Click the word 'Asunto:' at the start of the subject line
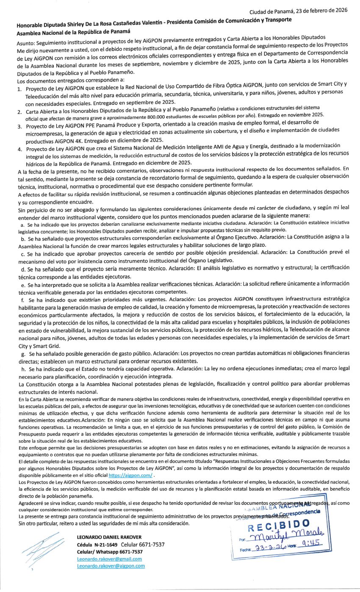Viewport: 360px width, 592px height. point(28,43)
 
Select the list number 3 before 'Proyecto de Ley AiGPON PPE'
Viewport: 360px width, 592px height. point(19,126)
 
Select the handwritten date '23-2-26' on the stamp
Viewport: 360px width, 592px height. point(269,548)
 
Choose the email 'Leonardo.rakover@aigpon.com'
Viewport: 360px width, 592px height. point(111,566)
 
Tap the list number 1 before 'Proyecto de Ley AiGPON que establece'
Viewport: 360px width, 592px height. point(19,90)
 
